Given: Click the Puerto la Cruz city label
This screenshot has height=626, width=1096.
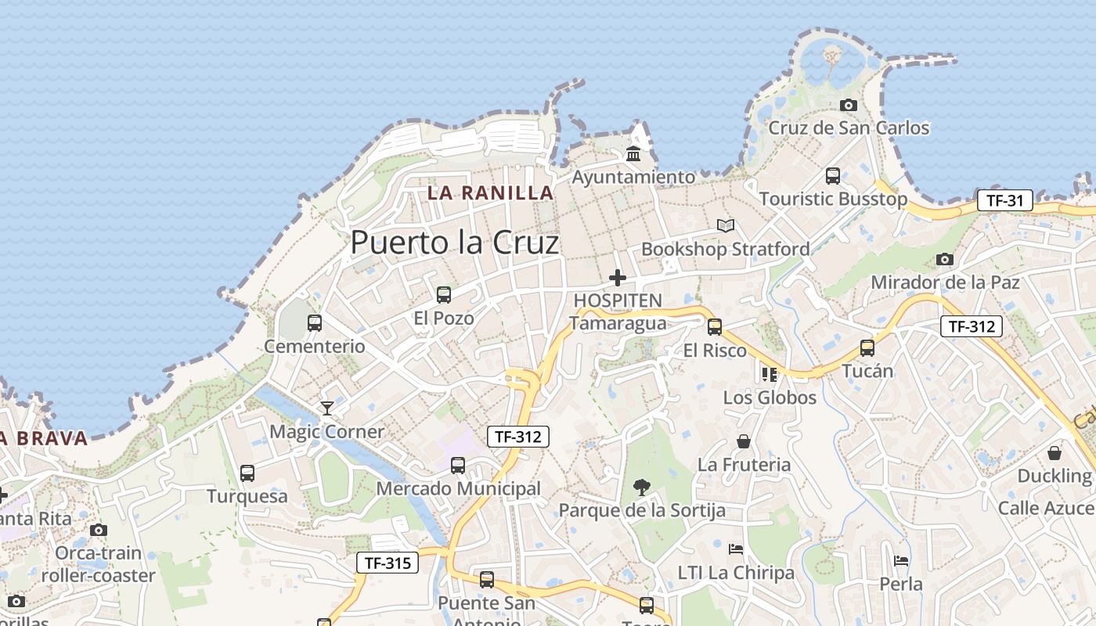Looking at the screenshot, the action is [454, 243].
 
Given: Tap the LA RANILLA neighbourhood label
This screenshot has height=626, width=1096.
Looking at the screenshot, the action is [490, 192].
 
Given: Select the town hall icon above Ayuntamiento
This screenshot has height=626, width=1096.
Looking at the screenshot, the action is [633, 153].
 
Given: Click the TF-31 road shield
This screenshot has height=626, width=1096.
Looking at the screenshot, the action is [1004, 200].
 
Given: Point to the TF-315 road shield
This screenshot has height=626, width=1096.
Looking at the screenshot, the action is [388, 563].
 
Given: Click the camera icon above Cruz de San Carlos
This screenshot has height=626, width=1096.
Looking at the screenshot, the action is [848, 105].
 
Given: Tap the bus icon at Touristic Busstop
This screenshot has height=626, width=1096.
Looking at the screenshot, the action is [833, 176].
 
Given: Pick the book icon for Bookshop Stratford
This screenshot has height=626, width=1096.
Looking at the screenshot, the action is [726, 226].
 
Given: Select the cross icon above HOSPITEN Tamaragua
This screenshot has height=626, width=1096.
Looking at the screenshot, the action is [618, 277].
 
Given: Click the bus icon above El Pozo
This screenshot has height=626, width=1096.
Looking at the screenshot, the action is [444, 295].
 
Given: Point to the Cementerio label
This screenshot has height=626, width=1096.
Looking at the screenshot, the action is [314, 346].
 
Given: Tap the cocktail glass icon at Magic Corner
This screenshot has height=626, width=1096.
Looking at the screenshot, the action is [326, 408].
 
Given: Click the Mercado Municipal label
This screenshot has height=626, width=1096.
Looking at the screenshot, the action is [458, 489].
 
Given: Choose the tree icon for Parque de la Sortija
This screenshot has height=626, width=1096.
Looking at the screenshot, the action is [641, 487].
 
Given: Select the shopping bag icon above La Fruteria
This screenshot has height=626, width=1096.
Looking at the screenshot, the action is [744, 442].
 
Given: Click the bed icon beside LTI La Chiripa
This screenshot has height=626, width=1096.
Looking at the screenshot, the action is [736, 549].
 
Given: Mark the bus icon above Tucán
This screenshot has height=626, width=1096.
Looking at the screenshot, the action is [867, 348].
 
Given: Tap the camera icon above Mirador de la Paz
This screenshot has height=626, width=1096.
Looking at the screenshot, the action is [945, 259].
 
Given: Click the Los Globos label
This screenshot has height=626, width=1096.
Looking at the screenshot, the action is [769, 398].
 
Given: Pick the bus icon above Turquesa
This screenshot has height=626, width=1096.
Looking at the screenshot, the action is [247, 473].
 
